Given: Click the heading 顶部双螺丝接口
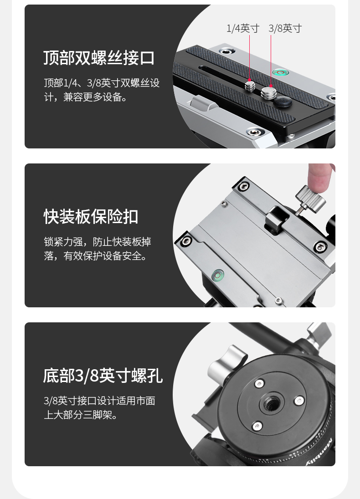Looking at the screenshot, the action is [x=99, y=58].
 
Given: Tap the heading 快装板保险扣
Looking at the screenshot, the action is [x=91, y=217].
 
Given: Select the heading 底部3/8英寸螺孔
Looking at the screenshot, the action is [x=103, y=376].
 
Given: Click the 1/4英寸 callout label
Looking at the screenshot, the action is [x=243, y=28].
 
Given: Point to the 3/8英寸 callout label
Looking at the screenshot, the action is [x=285, y=28].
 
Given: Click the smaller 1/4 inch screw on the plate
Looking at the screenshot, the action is [x=250, y=86].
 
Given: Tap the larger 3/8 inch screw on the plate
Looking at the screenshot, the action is [x=268, y=92].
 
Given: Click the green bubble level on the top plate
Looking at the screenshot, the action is [x=281, y=73].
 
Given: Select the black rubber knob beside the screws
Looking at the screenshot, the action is [x=283, y=102].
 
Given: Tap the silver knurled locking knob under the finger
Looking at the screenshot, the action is [x=310, y=197].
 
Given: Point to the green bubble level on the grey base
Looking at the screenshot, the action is [x=217, y=275].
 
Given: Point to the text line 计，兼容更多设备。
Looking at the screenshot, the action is [x=86, y=97].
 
